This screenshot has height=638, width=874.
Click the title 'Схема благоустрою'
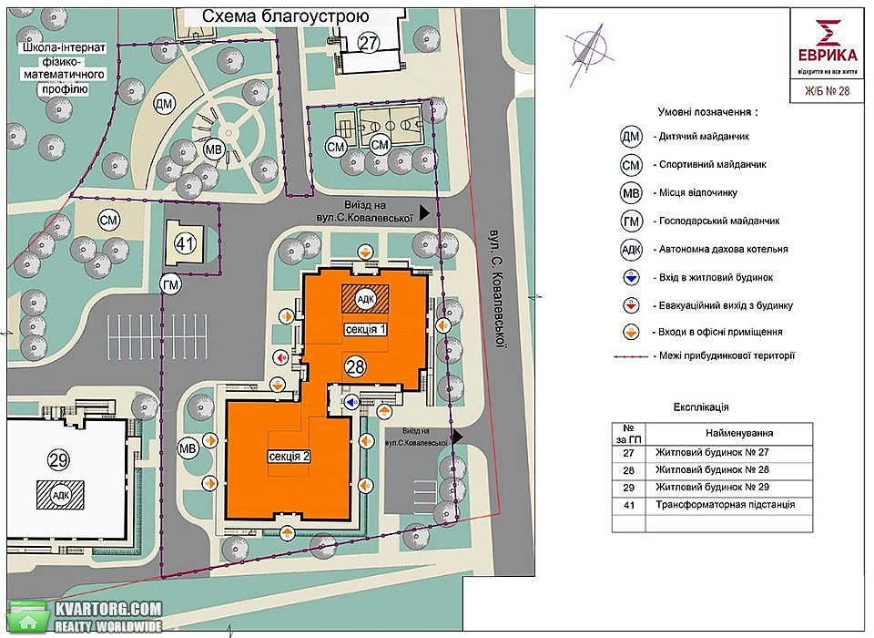285,16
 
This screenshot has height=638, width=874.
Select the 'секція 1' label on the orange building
366,329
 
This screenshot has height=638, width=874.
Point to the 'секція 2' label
289,456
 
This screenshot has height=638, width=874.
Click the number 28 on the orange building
355,366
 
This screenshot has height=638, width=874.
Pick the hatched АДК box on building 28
365,299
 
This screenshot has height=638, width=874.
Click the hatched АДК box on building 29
60,495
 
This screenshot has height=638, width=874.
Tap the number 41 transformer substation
185,243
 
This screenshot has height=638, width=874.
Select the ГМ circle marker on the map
171,284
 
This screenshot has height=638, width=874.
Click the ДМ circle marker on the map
165,105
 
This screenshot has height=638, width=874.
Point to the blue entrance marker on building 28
351,401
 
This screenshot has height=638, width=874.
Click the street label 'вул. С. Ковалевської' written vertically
498,287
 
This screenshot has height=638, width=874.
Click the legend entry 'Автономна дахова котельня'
724,250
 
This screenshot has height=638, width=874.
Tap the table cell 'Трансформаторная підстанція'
726,505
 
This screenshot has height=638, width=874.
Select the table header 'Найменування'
739,433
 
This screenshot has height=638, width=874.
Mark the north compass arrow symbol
590,54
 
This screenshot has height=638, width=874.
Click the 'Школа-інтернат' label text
64,47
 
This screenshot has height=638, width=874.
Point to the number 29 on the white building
58,460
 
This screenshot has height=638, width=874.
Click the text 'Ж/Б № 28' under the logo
828,91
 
